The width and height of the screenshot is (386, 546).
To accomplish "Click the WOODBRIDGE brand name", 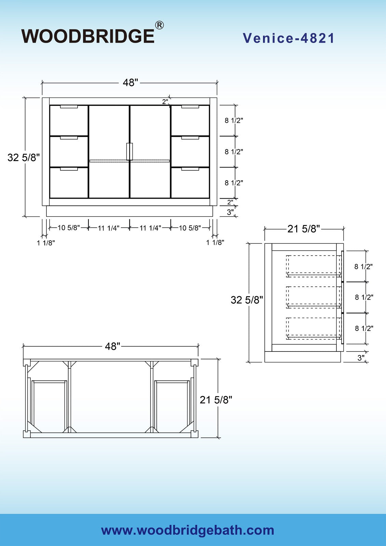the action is (x=88, y=36).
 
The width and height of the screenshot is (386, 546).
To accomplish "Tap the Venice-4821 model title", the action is (x=288, y=38).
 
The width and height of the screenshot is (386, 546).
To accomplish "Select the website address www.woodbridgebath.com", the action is (x=188, y=530).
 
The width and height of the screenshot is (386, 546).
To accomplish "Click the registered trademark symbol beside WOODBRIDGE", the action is (x=159, y=25).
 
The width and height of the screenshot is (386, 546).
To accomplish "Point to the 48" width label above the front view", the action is (x=130, y=83).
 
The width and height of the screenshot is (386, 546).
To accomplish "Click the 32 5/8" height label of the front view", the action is (x=24, y=157).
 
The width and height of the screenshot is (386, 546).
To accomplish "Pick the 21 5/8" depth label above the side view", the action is (x=304, y=229).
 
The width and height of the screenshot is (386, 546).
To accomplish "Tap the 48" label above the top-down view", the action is (x=113, y=346).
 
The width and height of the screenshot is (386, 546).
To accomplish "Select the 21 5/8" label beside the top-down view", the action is (x=216, y=400).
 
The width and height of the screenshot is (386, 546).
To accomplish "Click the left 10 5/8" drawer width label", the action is (x=69, y=228).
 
